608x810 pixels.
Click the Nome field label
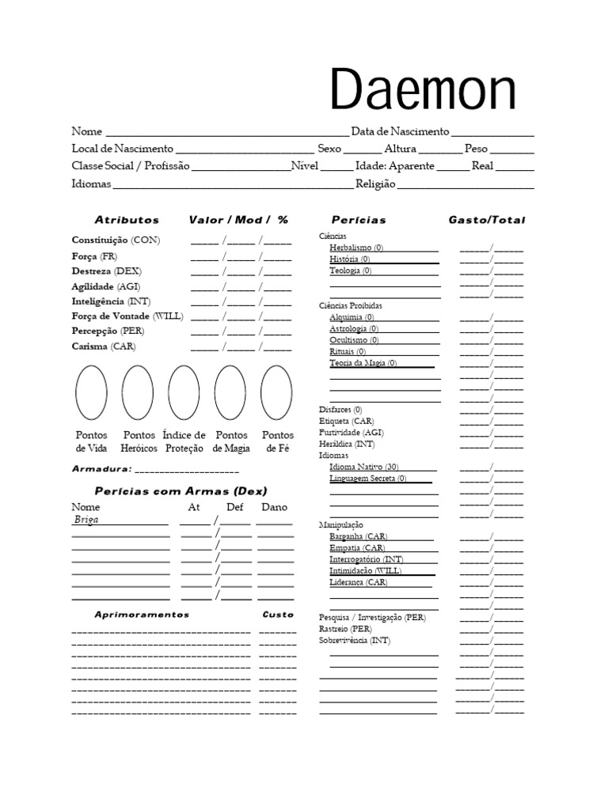87,131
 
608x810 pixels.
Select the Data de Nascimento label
400,131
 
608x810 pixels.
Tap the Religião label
375,184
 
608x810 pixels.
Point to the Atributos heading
127,220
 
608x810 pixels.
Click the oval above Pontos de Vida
91,392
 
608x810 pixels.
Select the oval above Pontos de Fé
277,392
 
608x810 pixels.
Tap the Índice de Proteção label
184,441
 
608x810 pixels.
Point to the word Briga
86,520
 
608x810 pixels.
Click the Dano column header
274,507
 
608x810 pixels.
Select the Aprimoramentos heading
142,615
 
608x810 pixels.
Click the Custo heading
278,615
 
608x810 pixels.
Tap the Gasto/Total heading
486,220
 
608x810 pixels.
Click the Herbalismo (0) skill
356,248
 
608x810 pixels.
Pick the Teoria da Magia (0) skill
363,363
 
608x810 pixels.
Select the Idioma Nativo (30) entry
364,467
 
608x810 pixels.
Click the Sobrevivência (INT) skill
355,640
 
